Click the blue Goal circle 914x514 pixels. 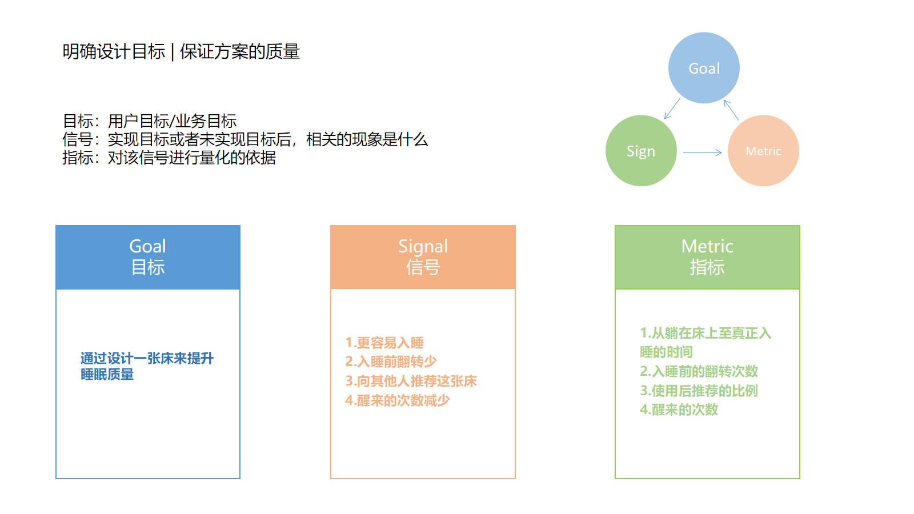[704, 68]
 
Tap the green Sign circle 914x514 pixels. [641, 151]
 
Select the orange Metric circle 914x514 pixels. [763, 151]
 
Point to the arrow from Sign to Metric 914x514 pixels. [703, 152]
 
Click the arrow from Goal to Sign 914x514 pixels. [672, 109]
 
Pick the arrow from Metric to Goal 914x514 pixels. [731, 110]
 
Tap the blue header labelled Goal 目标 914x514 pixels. [148, 257]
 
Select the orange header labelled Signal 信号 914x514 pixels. [423, 257]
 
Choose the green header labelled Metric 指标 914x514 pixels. [707, 257]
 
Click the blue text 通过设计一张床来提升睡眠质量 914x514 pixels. [147, 366]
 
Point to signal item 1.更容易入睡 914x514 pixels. [384, 343]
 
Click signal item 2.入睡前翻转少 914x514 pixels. [391, 362]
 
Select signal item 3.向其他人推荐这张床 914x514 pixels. [411, 381]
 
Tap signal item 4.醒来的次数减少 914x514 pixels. [398, 400]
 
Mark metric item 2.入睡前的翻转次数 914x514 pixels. [699, 371]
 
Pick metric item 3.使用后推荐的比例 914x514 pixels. [699, 391]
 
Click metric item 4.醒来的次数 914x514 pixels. [679, 409]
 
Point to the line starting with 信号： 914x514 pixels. [245, 139]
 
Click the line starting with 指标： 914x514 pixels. [169, 158]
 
